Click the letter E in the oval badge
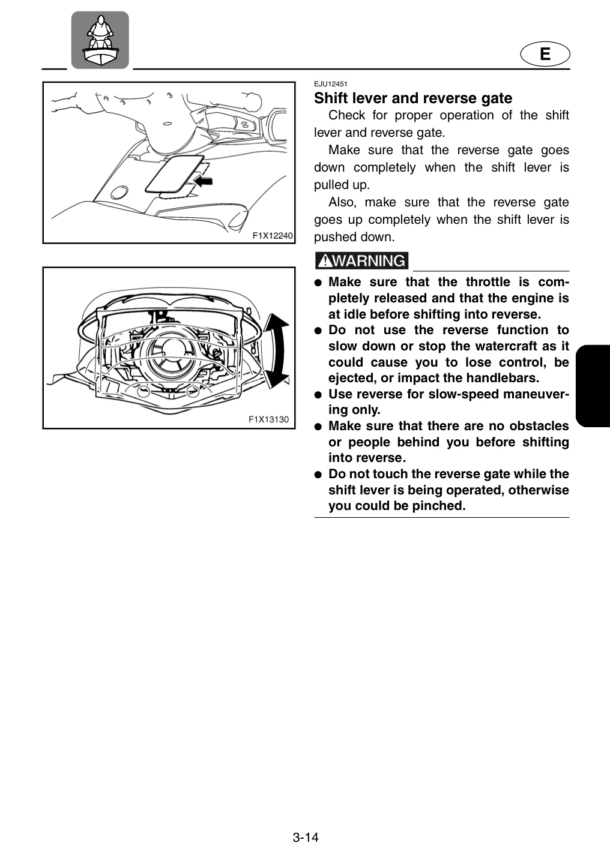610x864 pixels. pos(545,53)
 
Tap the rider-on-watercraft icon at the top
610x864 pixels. pos(100,40)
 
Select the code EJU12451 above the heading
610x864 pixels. pos(330,84)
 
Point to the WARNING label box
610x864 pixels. pos(361,261)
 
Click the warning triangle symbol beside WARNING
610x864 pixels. pos(326,262)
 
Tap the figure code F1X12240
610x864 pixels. pos(273,236)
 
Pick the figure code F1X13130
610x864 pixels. pos(268,419)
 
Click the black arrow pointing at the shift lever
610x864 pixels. pos(204,180)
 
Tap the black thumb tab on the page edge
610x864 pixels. pos(593,386)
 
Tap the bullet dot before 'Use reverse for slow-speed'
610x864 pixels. pos(318,395)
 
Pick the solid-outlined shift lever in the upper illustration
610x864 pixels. pos(175,174)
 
